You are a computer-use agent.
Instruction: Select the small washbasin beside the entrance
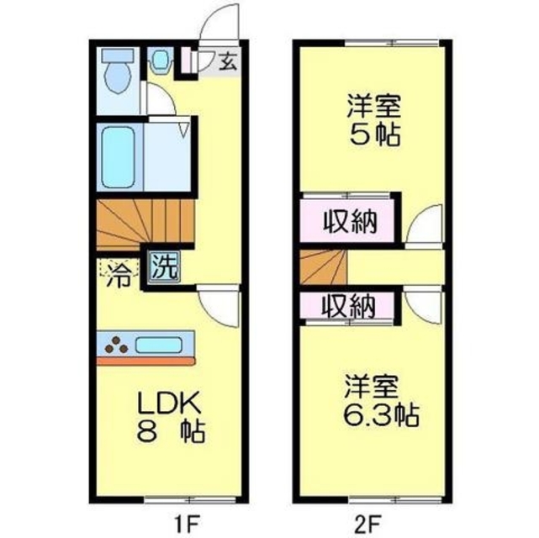161,60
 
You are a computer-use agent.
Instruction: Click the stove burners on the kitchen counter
116,344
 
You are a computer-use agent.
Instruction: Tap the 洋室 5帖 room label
373,120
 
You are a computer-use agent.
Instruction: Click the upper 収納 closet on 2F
350,223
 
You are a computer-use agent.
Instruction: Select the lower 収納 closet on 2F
350,306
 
